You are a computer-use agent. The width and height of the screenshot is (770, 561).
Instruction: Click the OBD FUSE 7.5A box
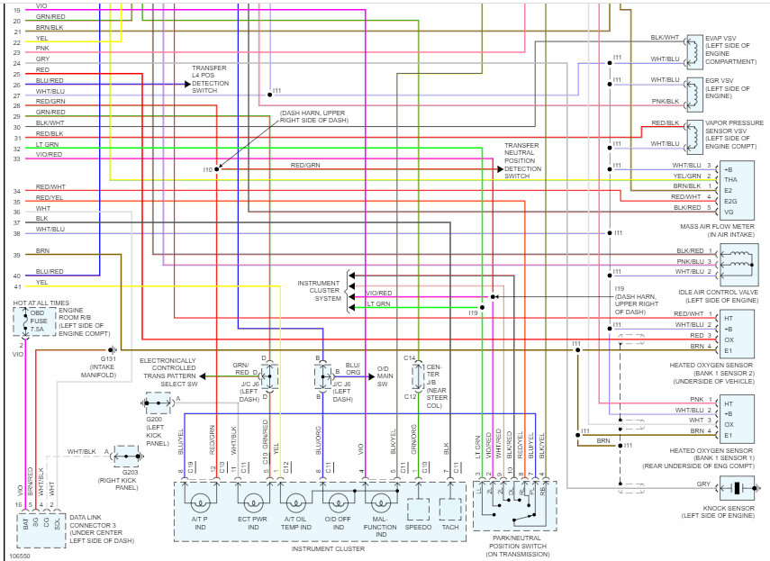tap(37, 321)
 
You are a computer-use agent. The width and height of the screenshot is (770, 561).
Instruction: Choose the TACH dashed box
tap(449, 509)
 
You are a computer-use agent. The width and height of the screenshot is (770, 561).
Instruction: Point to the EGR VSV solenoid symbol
tap(693, 90)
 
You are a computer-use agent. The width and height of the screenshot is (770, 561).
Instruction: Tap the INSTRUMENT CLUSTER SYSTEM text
tap(320, 292)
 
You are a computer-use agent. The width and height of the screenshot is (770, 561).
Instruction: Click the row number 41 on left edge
tap(16, 286)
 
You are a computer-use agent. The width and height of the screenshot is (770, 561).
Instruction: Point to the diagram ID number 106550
tap(19, 555)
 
